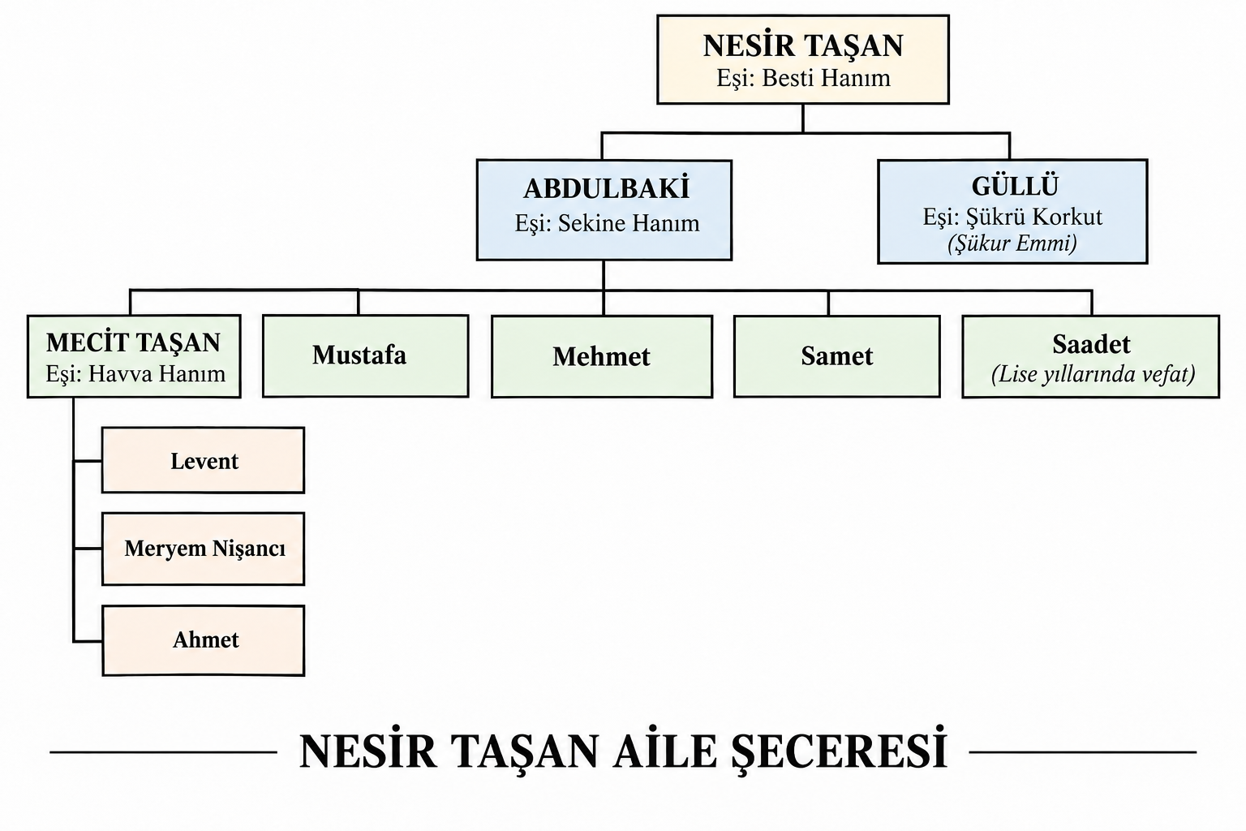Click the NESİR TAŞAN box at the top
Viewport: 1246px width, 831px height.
802,59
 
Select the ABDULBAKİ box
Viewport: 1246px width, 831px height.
604,210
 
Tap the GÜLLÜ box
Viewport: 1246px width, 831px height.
1012,212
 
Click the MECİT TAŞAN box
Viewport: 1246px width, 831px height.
134,356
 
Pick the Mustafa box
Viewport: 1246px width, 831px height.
366,356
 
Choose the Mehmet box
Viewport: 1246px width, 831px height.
602,357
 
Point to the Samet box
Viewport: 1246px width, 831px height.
836,357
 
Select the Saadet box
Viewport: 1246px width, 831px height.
1091,357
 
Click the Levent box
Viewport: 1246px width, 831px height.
203,460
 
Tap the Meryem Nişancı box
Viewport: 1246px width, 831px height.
203,549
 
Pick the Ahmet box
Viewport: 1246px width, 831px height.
203,640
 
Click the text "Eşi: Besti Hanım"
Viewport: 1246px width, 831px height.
803,79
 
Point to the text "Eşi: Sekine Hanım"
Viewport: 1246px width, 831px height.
607,224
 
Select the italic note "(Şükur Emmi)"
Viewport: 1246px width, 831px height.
1012,243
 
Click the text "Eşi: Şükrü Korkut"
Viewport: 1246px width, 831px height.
1012,217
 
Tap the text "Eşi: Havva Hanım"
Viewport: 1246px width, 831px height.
135,374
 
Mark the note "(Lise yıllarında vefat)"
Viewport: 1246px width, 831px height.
1093,375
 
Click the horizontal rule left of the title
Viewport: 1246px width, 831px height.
164,752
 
